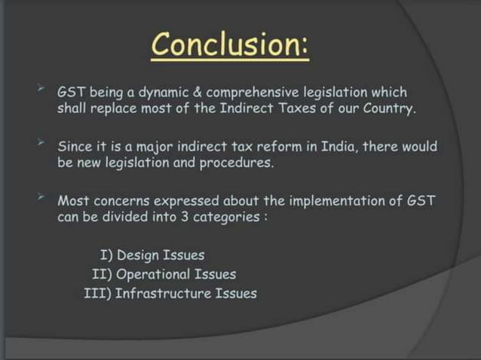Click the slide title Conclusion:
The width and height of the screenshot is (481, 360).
tap(230, 47)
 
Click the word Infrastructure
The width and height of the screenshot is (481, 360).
tap(164, 293)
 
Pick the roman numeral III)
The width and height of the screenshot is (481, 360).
tap(98, 293)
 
